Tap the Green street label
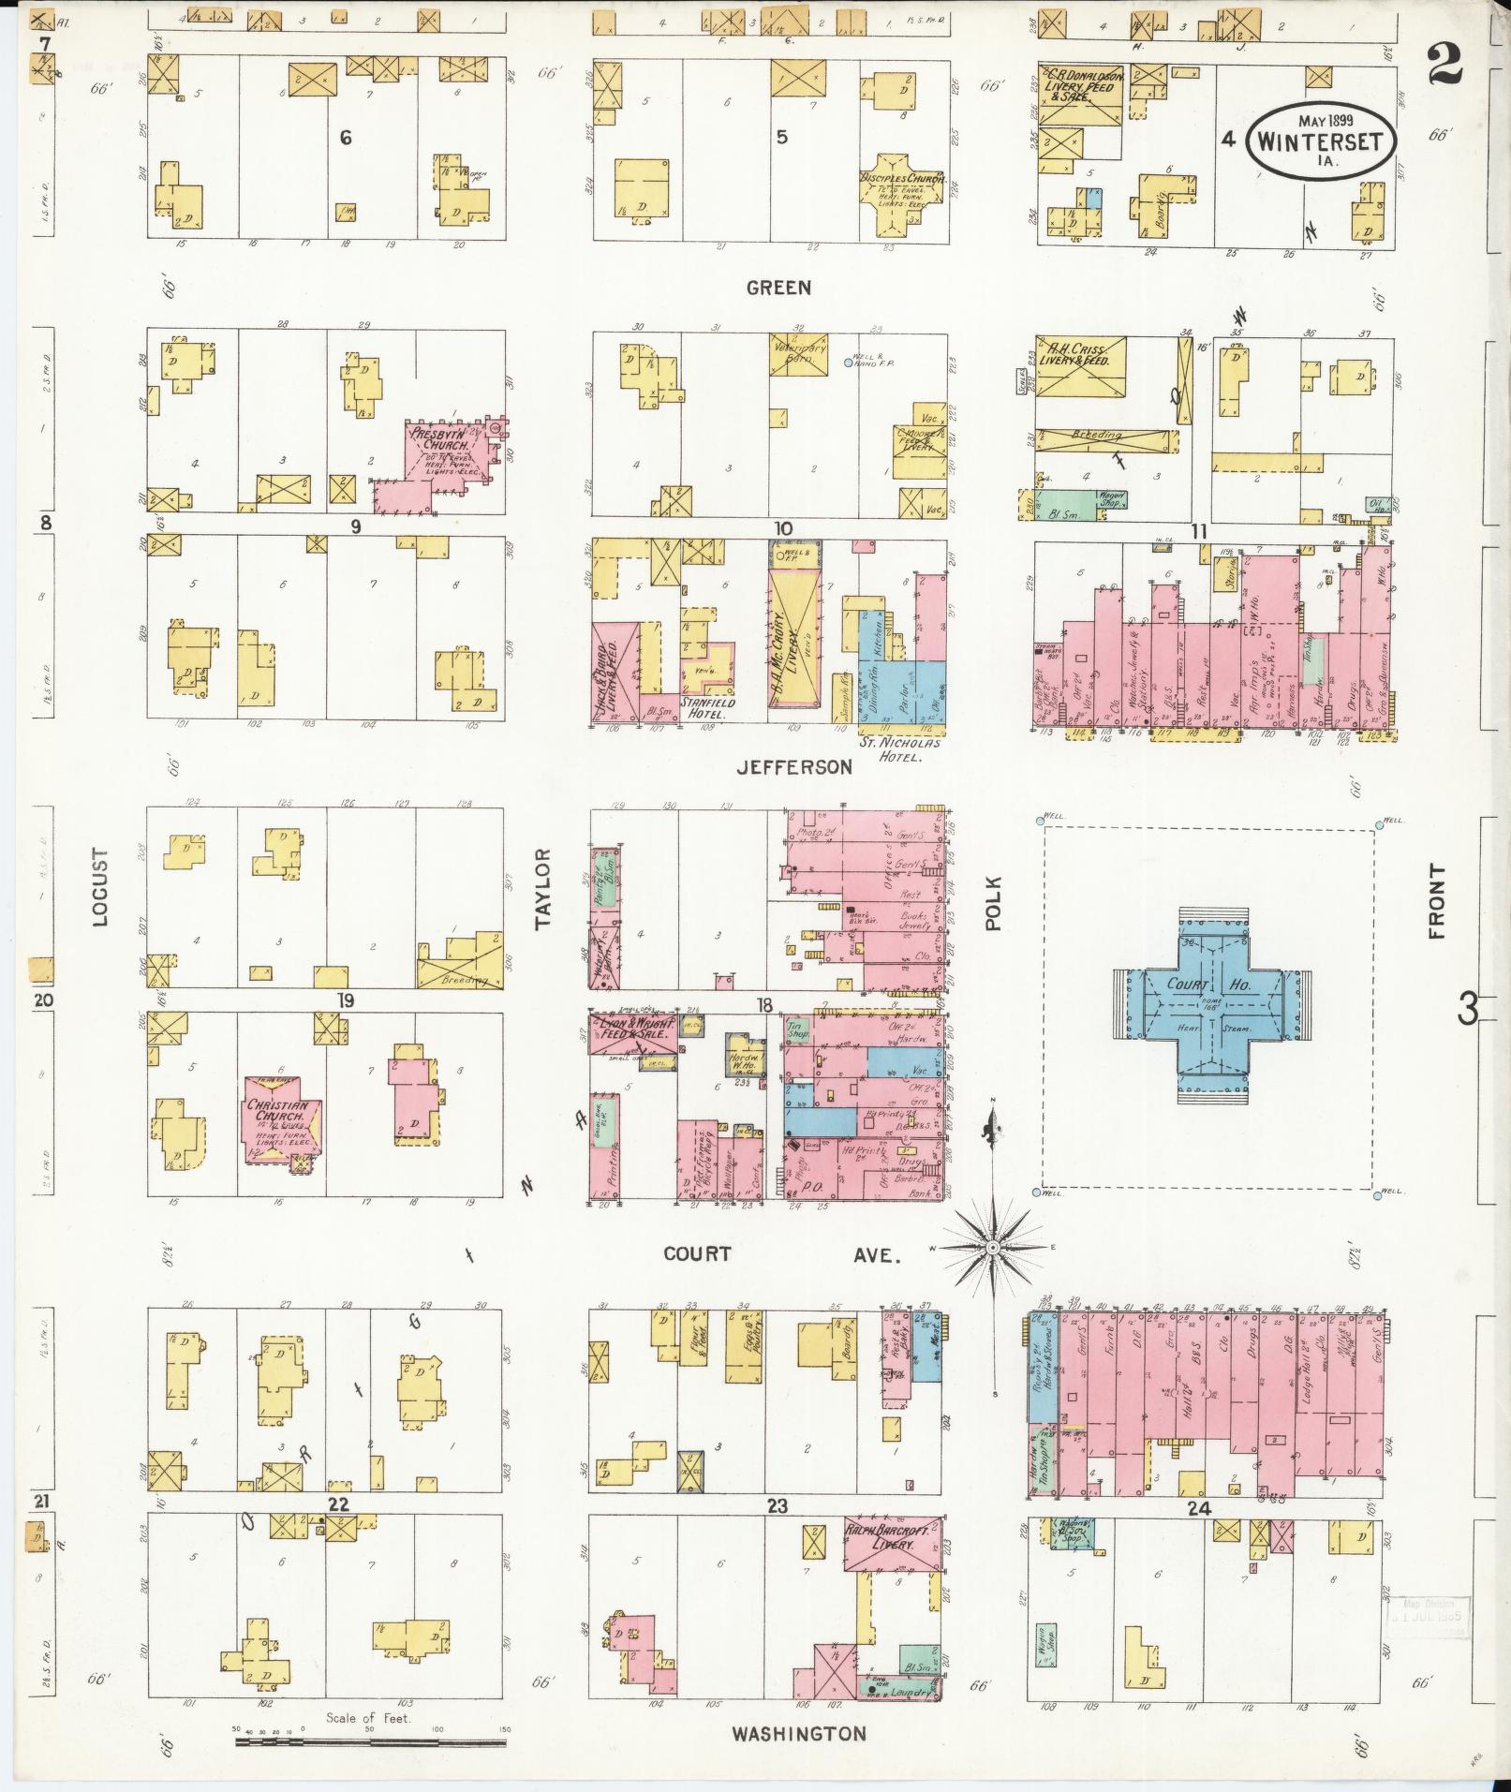778,288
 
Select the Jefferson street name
793,766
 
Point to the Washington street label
798,1734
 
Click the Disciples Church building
901,191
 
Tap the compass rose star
992,1248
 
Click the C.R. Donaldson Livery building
1080,95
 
